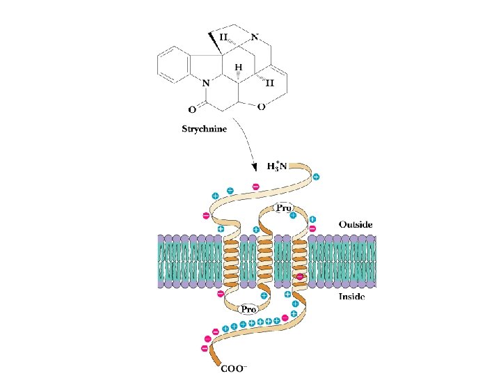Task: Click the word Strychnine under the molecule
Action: pos(204,130)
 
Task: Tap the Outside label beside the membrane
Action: pos(356,224)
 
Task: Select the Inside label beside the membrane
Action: pos(351,297)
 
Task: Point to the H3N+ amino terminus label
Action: pos(277,166)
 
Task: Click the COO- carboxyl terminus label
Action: pos(234,368)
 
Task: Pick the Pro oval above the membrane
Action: pos(283,208)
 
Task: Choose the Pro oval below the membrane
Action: pos(248,309)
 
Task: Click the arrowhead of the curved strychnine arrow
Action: pos(255,168)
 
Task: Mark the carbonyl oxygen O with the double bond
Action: pos(192,110)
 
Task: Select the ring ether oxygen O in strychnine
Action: pos(262,107)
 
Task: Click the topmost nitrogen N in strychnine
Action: pos(255,37)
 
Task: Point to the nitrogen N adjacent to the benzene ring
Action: pos(206,84)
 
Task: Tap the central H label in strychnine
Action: pos(239,68)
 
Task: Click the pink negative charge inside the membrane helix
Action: pos(300,277)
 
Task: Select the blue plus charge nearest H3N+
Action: pos(316,177)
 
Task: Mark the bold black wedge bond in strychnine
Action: pos(216,43)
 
